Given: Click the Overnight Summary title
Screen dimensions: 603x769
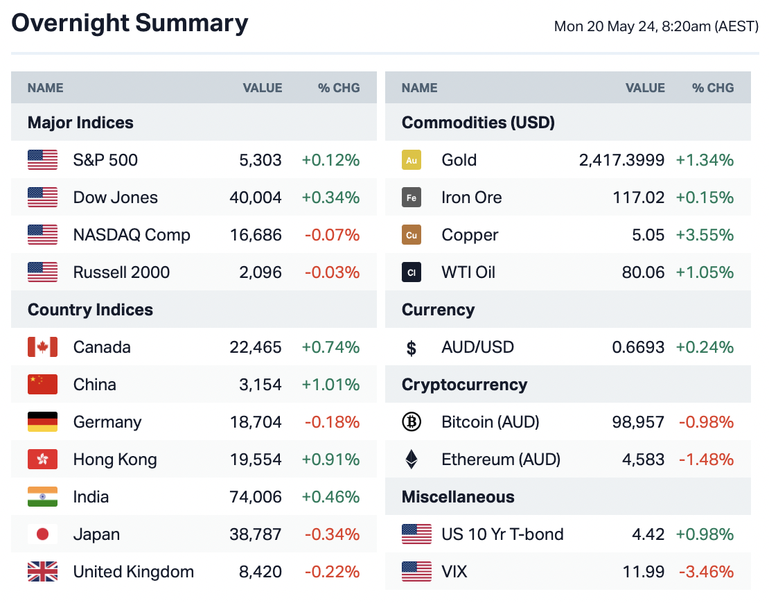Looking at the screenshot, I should pos(130,24).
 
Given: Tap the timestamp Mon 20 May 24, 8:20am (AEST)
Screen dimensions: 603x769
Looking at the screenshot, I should pos(656,27).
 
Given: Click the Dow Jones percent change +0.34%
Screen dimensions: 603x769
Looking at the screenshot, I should pos(330,198).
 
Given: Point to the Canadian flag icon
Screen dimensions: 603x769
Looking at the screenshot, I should pos(42,347).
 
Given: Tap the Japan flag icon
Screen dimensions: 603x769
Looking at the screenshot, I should pos(42,534).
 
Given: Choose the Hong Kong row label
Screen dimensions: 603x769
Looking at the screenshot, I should pos(115,460).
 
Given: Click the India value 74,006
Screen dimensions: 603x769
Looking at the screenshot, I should pos(256,497).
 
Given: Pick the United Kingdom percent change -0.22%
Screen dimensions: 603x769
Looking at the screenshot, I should pos(332,572).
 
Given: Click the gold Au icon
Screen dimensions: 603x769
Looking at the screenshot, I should pos(412,160).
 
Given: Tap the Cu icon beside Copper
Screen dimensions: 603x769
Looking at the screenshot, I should pos(412,235).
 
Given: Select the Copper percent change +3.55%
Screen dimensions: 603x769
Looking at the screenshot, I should pos(705,235).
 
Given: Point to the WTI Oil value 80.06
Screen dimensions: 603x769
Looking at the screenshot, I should pos(643,272).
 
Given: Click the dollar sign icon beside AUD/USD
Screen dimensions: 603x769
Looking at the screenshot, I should pos(412,348).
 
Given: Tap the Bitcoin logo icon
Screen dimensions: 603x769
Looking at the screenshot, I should pos(412,422).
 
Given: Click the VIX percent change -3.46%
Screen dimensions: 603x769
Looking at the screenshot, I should pos(706,572).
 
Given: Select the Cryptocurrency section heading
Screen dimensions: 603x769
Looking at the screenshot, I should pos(464,385).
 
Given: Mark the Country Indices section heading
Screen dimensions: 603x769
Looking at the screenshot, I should pos(90,310).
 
